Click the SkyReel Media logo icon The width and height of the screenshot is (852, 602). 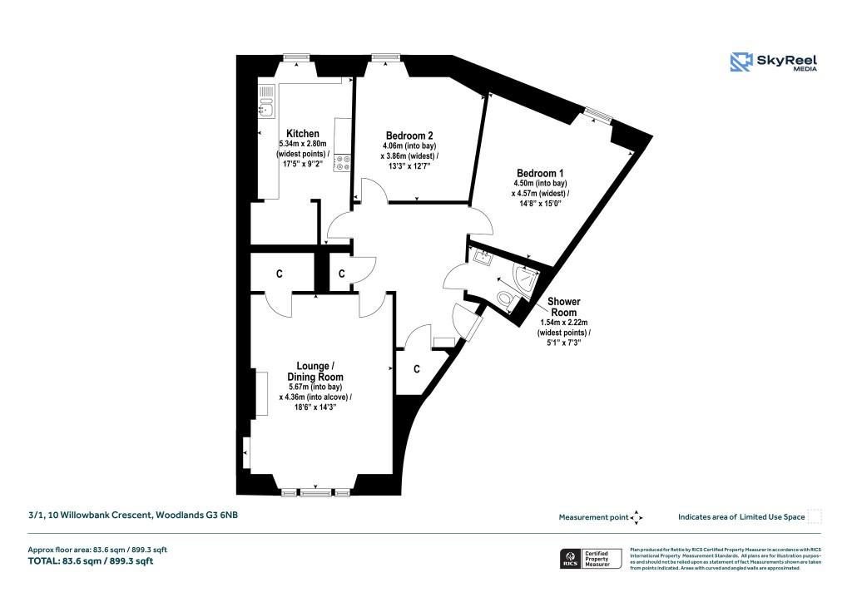point(741,62)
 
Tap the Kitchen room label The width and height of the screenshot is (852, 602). point(302,134)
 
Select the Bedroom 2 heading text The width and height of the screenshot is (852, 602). point(409,136)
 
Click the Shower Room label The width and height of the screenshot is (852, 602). point(563,307)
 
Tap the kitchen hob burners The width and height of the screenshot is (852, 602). point(341,159)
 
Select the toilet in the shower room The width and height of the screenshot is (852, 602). point(504,298)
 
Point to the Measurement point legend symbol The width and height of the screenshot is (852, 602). point(637,517)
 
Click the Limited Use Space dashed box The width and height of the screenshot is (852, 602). point(815,516)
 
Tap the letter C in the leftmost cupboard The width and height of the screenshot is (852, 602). point(280,273)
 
